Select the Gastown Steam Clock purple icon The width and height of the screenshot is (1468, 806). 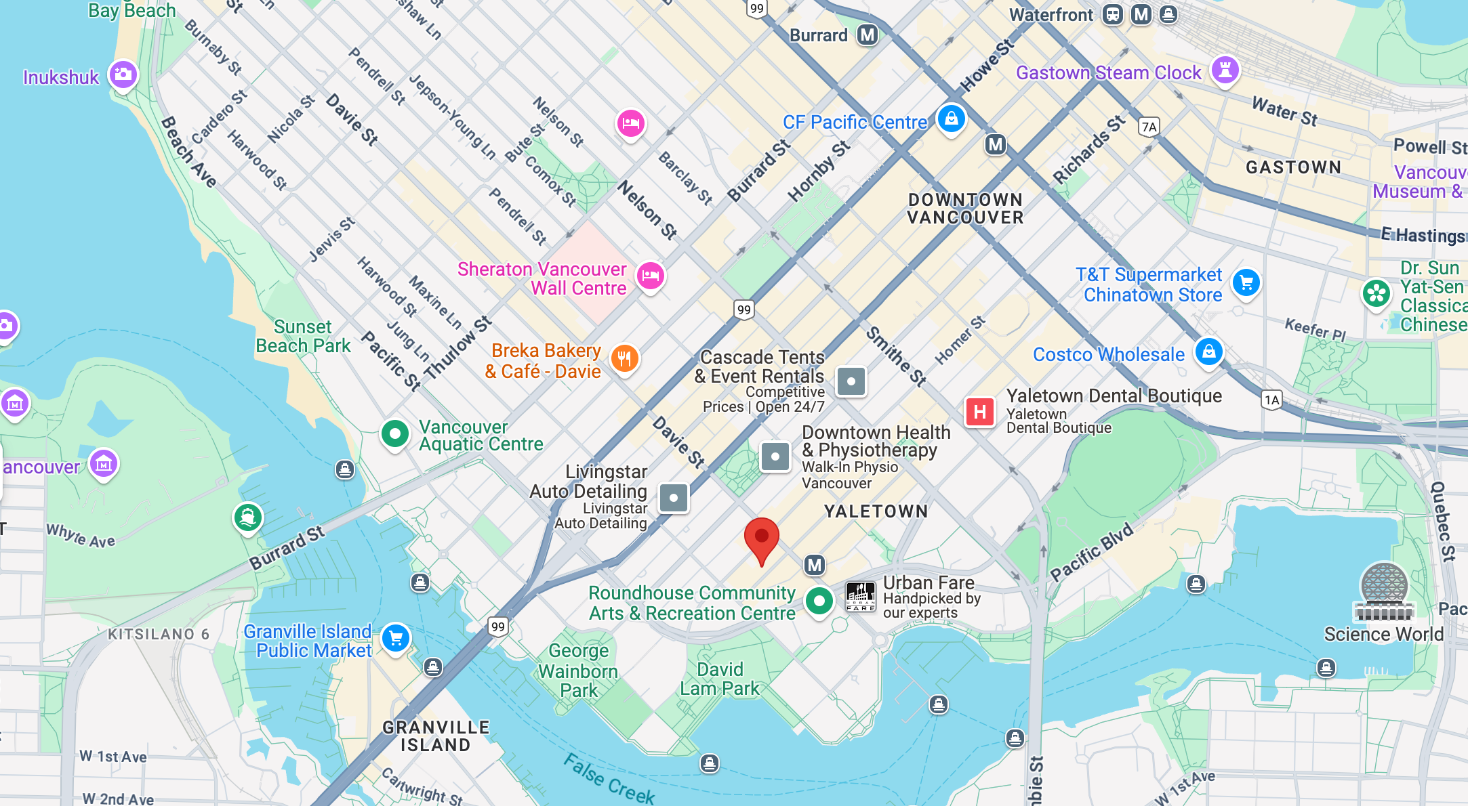[x=1225, y=70]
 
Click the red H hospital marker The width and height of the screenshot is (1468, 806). [x=979, y=412]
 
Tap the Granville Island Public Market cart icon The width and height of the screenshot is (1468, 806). [x=396, y=638]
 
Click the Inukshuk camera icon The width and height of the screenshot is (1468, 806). [x=123, y=74]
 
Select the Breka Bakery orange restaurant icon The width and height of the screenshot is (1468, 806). [x=624, y=358]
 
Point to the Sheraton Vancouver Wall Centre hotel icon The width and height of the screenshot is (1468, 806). [x=650, y=276]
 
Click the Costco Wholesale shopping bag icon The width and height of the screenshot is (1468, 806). [x=1208, y=352]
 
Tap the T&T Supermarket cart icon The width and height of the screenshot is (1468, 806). [x=1246, y=282]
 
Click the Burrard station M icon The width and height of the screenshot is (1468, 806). [x=867, y=35]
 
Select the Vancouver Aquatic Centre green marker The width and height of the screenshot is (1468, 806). [x=394, y=433]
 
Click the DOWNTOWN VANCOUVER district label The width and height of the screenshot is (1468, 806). [x=965, y=209]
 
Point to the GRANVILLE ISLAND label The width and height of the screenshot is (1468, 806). [x=436, y=736]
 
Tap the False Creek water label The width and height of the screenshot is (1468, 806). [x=609, y=779]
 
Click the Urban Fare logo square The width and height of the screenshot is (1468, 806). [x=861, y=597]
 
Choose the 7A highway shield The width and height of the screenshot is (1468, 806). [x=1149, y=127]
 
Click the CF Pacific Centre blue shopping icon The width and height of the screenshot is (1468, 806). [x=951, y=119]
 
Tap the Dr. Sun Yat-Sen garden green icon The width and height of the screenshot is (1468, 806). [x=1376, y=293]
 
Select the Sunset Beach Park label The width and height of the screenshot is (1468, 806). [x=303, y=337]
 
